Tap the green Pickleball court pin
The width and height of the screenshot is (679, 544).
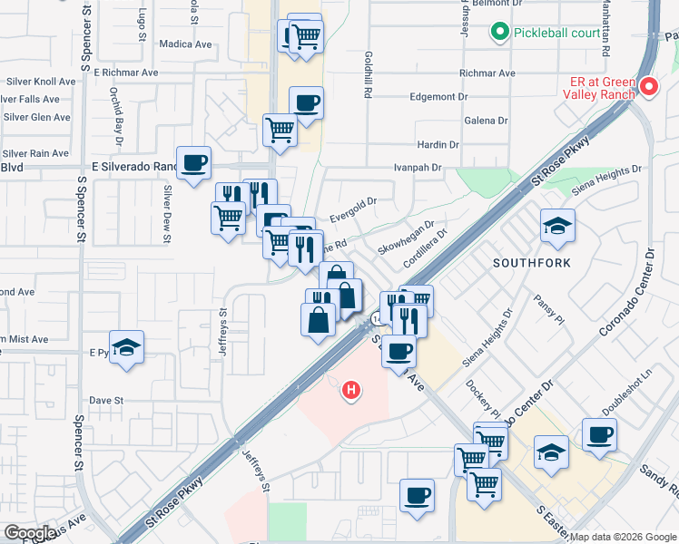(498, 34)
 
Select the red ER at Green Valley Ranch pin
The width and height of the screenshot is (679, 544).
(648, 87)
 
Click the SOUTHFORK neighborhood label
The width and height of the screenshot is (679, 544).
(531, 263)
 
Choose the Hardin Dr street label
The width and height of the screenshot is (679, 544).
(438, 145)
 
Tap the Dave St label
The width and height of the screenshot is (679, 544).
(105, 400)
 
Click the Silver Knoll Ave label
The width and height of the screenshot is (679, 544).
(40, 81)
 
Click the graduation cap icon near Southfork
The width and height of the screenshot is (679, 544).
(557, 227)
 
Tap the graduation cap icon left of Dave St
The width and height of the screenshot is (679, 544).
(128, 350)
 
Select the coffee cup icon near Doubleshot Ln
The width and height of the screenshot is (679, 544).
(599, 434)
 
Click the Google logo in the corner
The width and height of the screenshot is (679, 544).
(29, 533)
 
